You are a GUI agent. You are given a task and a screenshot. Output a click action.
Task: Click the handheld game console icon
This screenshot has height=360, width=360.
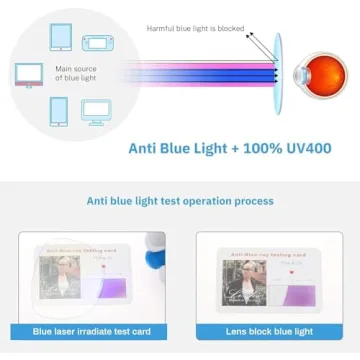pyautogui.click(x=97, y=43)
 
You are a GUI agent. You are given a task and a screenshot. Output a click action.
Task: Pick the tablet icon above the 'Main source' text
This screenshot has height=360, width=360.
pyautogui.click(x=58, y=38)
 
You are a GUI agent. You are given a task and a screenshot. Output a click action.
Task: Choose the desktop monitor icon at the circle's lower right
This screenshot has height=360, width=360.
pyautogui.click(x=97, y=109)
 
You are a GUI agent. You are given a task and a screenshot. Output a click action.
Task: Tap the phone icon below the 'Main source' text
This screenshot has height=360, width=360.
pyautogui.click(x=58, y=110)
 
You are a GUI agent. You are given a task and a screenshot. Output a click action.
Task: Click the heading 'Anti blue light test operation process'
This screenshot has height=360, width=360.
pyautogui.click(x=180, y=201)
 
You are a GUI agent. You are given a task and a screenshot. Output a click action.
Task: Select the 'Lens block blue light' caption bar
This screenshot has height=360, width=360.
pyautogui.click(x=269, y=332)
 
